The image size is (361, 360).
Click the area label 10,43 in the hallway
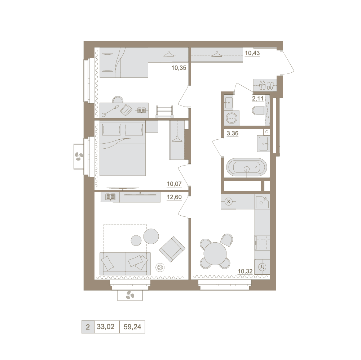(252, 53)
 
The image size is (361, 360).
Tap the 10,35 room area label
(179, 68)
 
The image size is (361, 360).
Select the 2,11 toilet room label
(257, 99)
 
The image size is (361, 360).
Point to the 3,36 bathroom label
(233, 133)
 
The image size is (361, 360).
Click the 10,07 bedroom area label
(174, 184)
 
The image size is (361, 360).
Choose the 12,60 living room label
(174, 197)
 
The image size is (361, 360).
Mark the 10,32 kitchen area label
(245, 271)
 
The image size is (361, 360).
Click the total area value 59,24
(132, 327)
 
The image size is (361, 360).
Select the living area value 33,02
(106, 327)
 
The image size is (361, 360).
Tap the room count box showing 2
(88, 327)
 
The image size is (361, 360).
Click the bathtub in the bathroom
(247, 167)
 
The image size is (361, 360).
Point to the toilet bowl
(259, 111)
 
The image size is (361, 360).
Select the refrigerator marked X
(228, 202)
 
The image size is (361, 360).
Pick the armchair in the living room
(172, 249)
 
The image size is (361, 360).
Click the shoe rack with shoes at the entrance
(265, 85)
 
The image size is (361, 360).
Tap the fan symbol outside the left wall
(79, 157)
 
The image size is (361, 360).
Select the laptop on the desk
(126, 110)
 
